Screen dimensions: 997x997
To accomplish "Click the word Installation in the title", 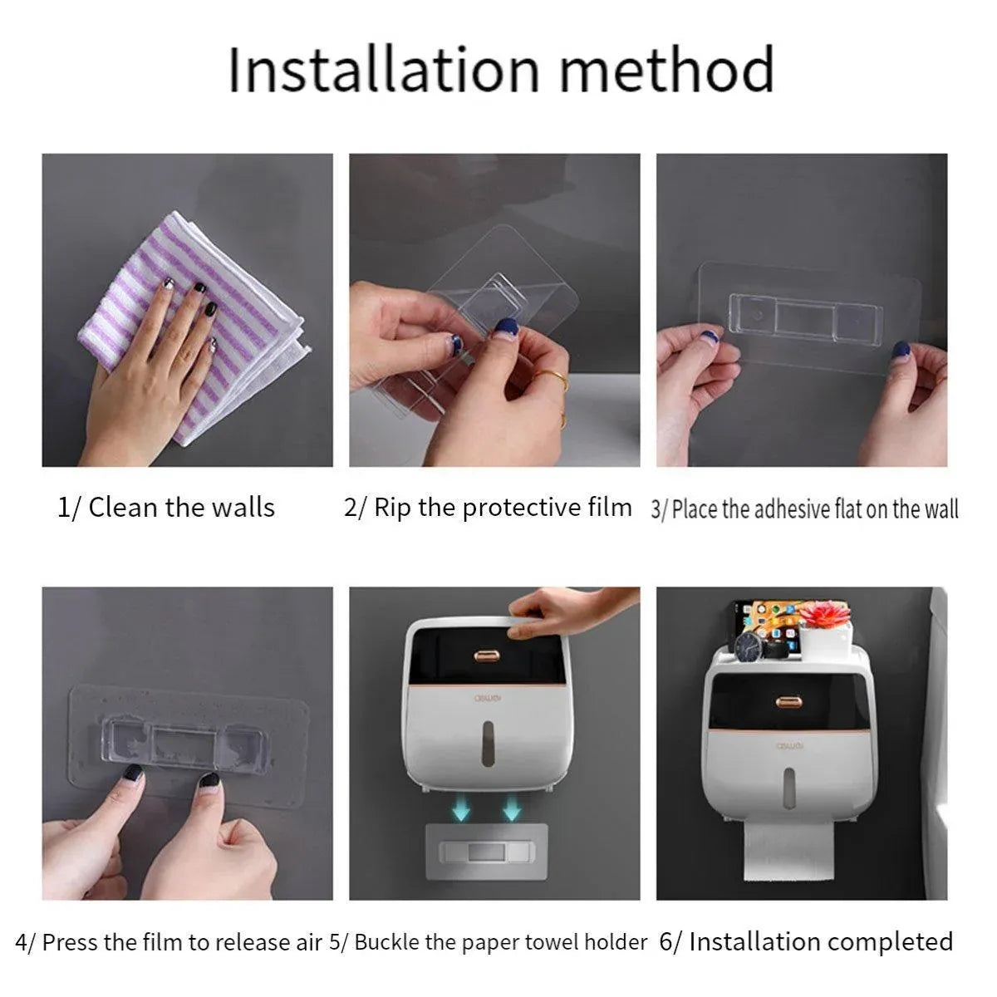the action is click(385, 69).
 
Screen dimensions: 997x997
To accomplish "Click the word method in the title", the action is click(667, 69).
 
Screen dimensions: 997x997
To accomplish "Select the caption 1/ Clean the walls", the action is click(165, 508).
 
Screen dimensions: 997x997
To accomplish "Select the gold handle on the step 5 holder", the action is click(487, 656).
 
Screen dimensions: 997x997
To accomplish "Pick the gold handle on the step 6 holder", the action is click(789, 702).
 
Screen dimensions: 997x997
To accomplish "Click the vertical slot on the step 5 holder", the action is click(488, 743).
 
